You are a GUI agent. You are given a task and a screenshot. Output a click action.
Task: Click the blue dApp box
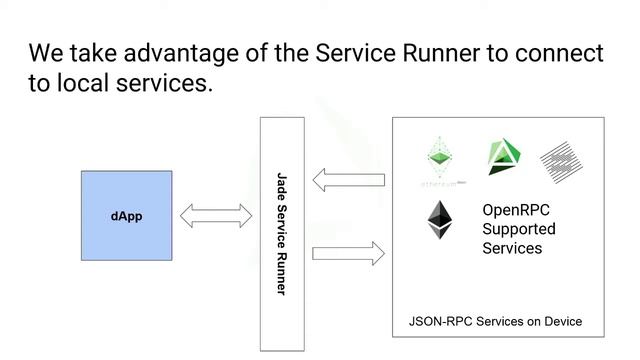(126, 216)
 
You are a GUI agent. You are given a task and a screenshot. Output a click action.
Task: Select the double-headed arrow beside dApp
(216, 215)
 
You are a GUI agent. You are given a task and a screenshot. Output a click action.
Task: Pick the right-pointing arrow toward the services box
(348, 253)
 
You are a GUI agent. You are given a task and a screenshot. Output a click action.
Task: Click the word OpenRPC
(516, 211)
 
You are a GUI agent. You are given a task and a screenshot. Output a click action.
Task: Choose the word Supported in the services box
(519, 229)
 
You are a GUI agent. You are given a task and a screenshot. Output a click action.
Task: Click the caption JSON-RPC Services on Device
(495, 322)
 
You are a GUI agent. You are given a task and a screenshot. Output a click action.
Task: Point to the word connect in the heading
(563, 52)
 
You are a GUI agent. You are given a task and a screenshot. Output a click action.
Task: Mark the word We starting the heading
(46, 52)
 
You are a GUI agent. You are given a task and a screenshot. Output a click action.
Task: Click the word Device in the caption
(561, 322)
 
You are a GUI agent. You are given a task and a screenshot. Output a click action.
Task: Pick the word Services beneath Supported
(512, 247)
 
